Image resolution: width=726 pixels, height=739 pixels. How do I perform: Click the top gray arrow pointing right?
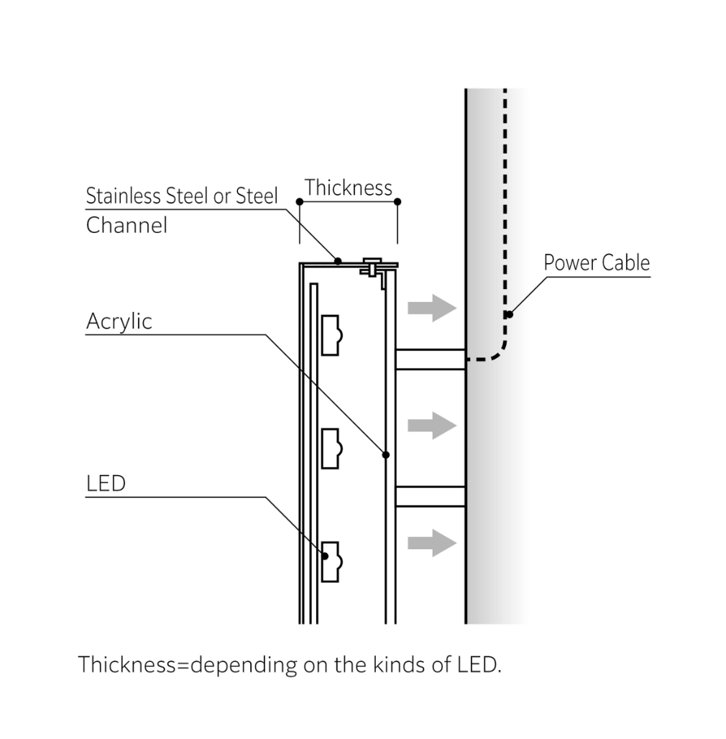tap(432, 308)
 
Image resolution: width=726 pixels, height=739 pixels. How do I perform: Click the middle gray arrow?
tap(432, 426)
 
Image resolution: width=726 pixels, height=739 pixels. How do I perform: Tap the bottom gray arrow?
tap(432, 543)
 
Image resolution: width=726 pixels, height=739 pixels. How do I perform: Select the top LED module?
tap(331, 335)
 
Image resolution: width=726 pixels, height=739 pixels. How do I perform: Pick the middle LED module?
tap(331, 449)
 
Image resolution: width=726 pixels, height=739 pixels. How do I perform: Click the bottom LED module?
tap(331, 561)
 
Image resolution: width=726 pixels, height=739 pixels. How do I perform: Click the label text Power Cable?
tap(597, 262)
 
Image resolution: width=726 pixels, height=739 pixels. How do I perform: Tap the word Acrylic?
tap(119, 322)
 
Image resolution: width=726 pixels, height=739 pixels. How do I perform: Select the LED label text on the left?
tap(106, 484)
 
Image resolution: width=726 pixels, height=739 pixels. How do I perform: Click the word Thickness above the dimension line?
tap(348, 188)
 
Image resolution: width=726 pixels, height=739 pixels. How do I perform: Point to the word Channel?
tap(127, 225)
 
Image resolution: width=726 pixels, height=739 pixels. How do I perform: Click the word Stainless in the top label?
tap(124, 196)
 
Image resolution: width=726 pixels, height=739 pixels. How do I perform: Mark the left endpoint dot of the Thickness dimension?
tap(300, 202)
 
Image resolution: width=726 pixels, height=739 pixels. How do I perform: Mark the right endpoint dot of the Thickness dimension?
tap(398, 202)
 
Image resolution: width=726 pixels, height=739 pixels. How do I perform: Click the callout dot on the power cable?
tap(510, 314)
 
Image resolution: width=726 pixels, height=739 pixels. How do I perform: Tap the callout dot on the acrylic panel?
tap(386, 455)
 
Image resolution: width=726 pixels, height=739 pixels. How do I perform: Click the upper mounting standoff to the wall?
tap(431, 359)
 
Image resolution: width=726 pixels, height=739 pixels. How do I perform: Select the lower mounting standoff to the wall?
tap(431, 496)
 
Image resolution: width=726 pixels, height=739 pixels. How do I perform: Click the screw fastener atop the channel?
tap(372, 267)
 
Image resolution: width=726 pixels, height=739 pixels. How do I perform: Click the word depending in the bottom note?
tap(244, 665)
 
